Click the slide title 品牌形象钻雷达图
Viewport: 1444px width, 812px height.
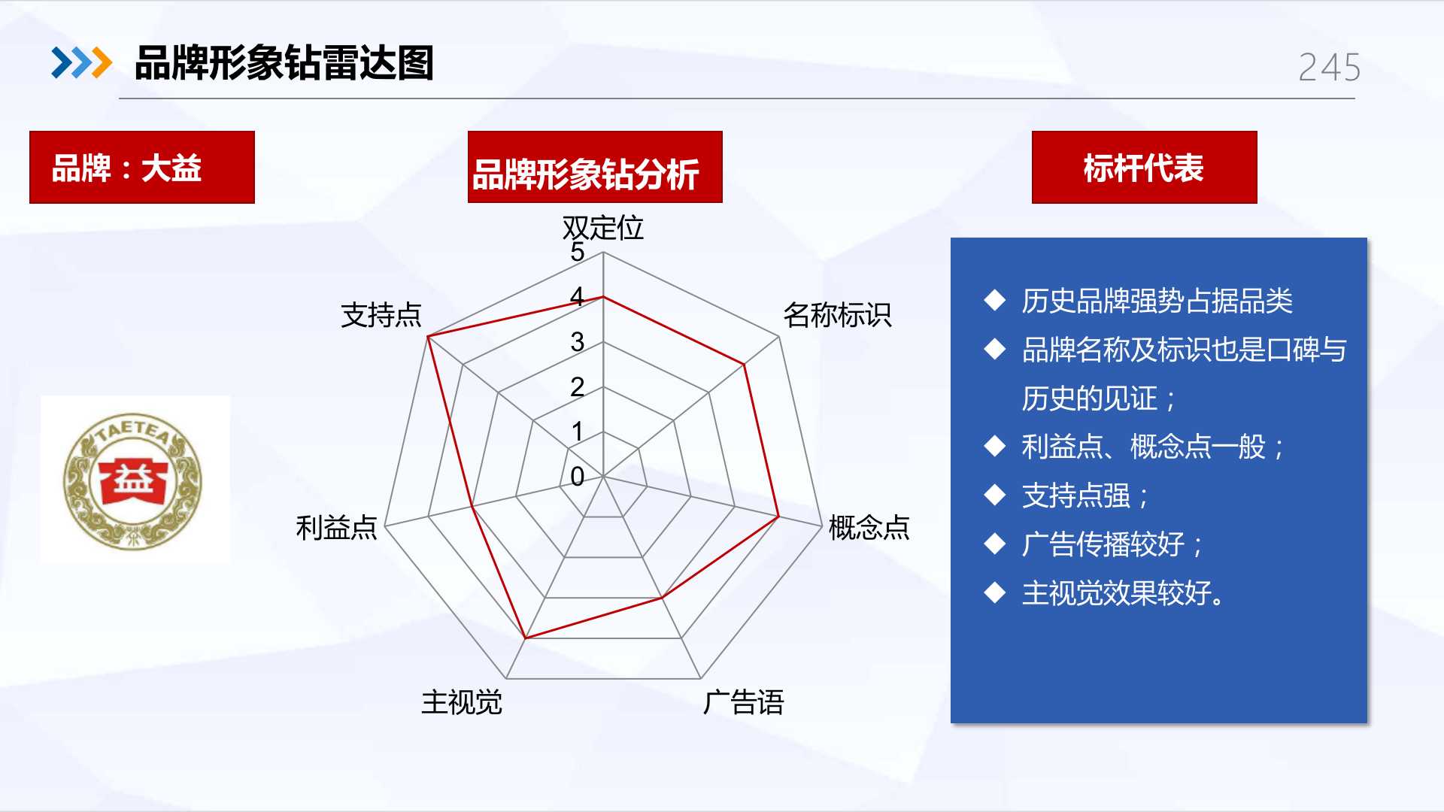click(284, 63)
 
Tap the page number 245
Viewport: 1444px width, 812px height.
click(1329, 68)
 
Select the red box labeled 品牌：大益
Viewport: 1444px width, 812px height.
click(142, 167)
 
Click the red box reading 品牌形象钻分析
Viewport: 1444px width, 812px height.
click(595, 167)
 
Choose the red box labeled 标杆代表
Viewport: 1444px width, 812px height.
click(1144, 167)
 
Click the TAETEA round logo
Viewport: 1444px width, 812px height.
click(133, 480)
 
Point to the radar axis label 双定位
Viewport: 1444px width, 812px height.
click(603, 227)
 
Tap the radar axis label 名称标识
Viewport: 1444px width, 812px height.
click(837, 315)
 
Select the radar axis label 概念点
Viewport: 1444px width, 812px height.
click(869, 528)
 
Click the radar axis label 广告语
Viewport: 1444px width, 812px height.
click(744, 703)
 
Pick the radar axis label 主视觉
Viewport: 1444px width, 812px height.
click(462, 703)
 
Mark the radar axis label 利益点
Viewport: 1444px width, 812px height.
click(336, 528)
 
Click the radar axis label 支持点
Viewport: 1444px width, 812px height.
click(381, 315)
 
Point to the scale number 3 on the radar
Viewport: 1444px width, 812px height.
click(577, 342)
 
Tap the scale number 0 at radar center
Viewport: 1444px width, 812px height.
click(577, 477)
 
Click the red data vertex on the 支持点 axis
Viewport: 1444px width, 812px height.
click(427, 336)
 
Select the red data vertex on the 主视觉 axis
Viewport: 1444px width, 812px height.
click(525, 638)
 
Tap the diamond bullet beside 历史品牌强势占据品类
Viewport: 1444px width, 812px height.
click(995, 301)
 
